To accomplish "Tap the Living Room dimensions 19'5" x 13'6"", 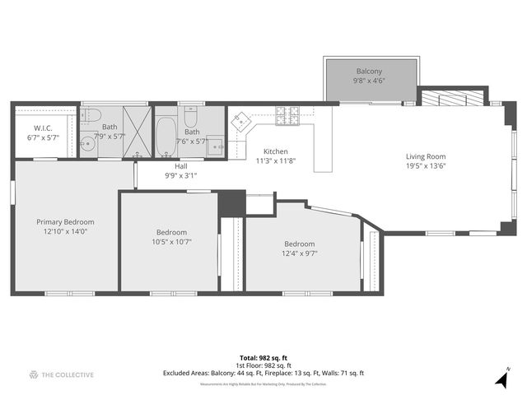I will [426, 165].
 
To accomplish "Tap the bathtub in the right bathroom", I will [166, 137].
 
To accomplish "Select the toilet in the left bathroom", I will [92, 114].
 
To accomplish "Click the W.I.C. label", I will [44, 128].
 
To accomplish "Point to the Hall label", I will [180, 165].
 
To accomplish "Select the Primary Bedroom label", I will [65, 221].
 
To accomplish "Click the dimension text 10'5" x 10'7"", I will [171, 242].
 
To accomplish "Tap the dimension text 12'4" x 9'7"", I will [300, 253].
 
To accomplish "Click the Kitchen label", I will [276, 151].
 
